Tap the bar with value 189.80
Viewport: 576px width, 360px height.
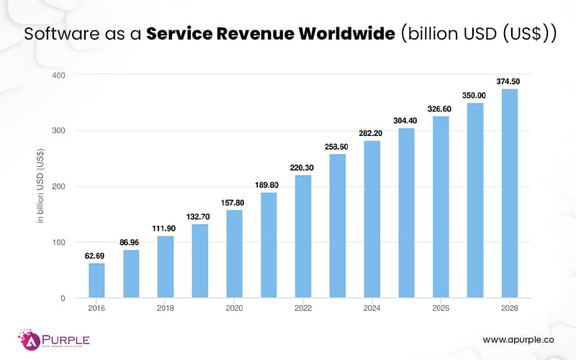click(x=269, y=245)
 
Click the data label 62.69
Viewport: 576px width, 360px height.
click(x=96, y=255)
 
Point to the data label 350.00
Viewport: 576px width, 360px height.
click(x=474, y=95)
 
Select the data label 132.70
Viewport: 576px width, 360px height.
click(x=199, y=216)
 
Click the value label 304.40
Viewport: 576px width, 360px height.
click(x=406, y=120)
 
